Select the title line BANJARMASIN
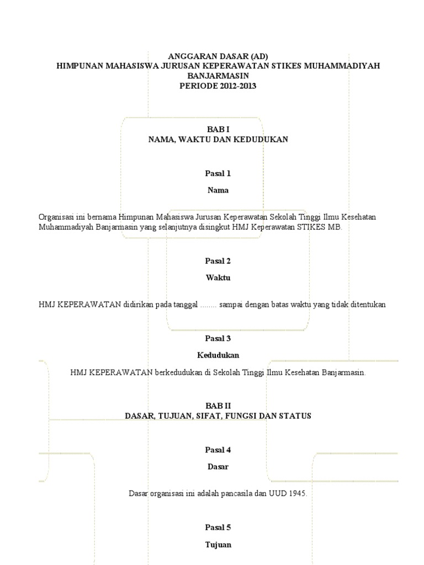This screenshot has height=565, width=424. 218,76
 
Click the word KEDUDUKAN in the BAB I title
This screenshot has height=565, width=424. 261,140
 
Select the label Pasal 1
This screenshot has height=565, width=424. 218,173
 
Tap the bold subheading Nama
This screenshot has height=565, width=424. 218,190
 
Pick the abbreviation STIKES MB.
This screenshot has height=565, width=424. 325,227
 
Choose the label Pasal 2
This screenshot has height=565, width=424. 218,261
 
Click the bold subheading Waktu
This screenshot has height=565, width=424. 218,278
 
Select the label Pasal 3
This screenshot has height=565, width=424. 218,338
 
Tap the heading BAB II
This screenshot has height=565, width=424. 218,406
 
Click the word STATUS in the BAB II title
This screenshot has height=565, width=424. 293,415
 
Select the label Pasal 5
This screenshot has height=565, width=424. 218,527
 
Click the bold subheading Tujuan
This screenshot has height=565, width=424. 218,545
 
